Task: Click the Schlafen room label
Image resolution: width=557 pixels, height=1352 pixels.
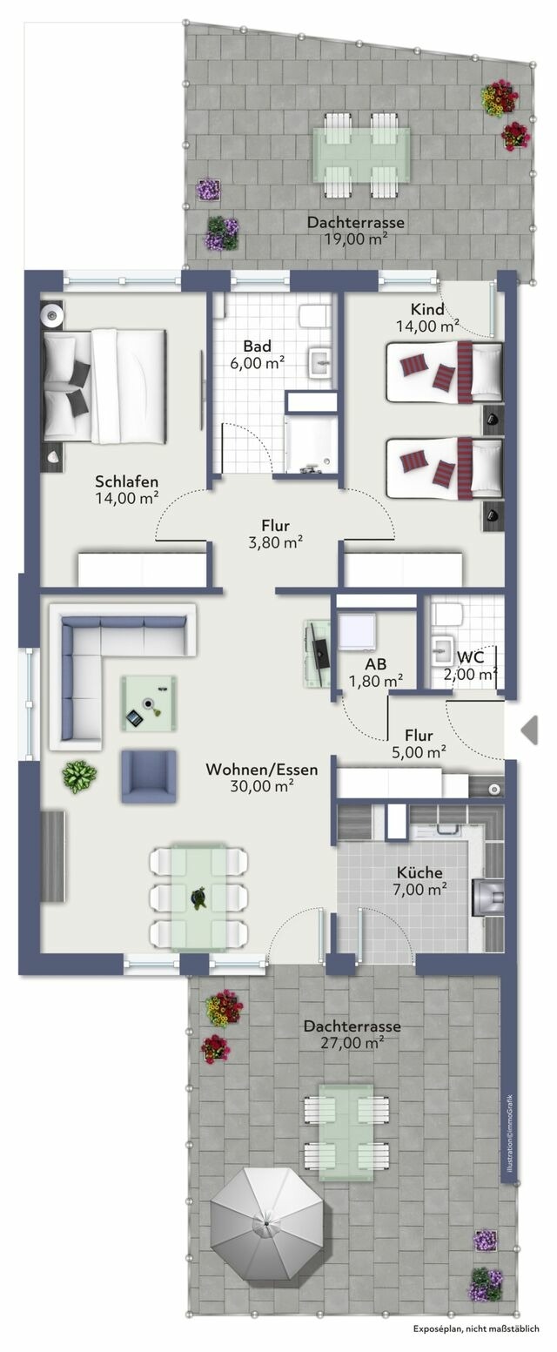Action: [x=126, y=481]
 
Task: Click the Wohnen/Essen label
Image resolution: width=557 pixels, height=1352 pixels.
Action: [x=261, y=770]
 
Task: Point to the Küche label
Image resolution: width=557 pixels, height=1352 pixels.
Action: [x=419, y=872]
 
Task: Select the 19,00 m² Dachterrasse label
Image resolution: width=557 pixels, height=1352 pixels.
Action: [x=355, y=239]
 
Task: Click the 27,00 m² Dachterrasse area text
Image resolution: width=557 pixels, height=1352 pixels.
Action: [x=352, y=1043]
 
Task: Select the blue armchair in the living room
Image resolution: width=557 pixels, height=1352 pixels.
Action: [x=149, y=776]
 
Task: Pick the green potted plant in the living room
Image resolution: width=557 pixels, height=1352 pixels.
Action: [x=79, y=776]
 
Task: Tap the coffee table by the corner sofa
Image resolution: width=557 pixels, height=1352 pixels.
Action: [x=147, y=703]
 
